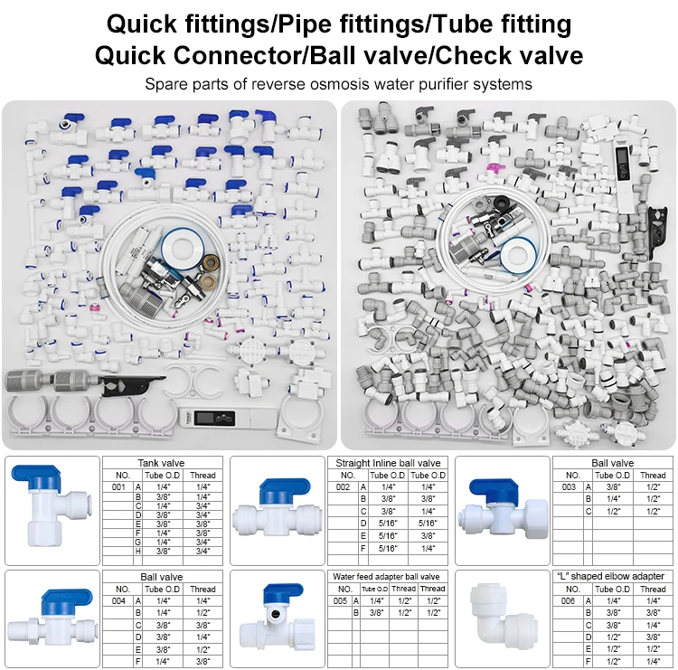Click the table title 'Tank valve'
(x=161, y=463)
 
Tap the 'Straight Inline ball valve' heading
(x=388, y=463)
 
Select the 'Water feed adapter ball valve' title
(x=386, y=577)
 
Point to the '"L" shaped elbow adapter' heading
(x=610, y=576)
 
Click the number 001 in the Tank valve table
(x=118, y=487)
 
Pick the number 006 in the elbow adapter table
(x=569, y=600)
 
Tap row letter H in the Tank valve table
(x=138, y=551)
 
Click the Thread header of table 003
(x=653, y=475)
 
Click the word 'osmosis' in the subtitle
(x=339, y=84)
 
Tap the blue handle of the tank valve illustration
(x=35, y=474)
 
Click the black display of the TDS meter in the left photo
(x=214, y=419)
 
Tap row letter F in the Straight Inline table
(x=363, y=549)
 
